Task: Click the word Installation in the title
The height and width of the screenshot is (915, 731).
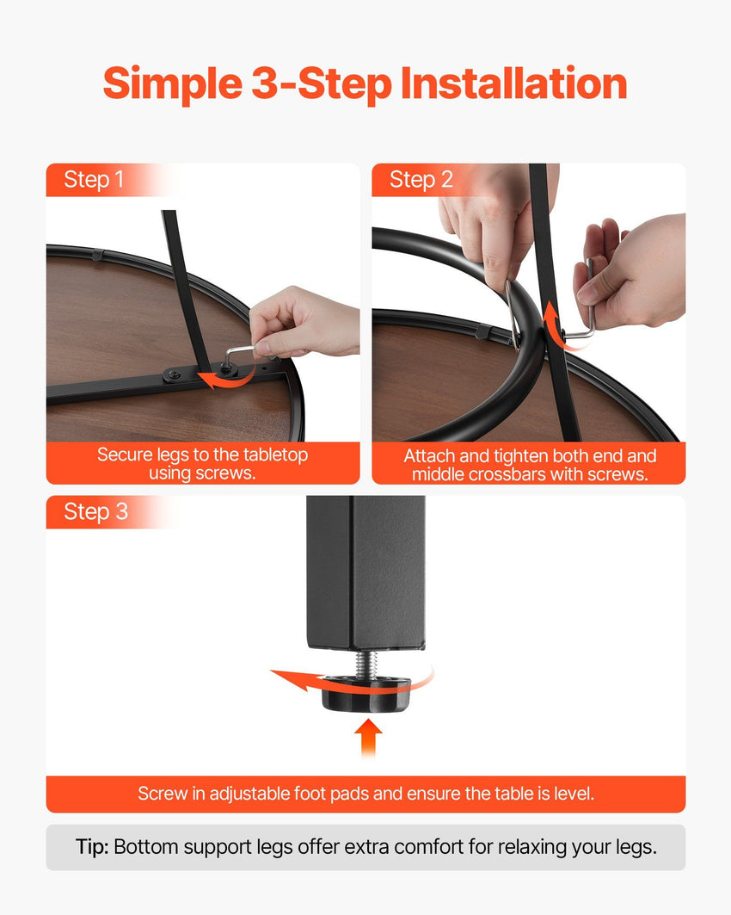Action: click(x=513, y=83)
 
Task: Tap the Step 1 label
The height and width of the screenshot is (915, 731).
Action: click(x=94, y=180)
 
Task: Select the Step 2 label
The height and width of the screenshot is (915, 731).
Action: click(x=421, y=180)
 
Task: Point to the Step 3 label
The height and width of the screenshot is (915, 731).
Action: click(x=95, y=512)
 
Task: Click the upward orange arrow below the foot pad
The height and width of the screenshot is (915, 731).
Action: click(x=368, y=737)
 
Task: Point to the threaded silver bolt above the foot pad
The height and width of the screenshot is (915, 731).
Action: click(x=367, y=664)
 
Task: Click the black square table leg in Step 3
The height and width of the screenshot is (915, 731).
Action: click(x=365, y=572)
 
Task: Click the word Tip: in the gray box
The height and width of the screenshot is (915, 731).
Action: click(x=92, y=847)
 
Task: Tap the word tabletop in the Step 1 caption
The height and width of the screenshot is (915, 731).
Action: click(x=276, y=454)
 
